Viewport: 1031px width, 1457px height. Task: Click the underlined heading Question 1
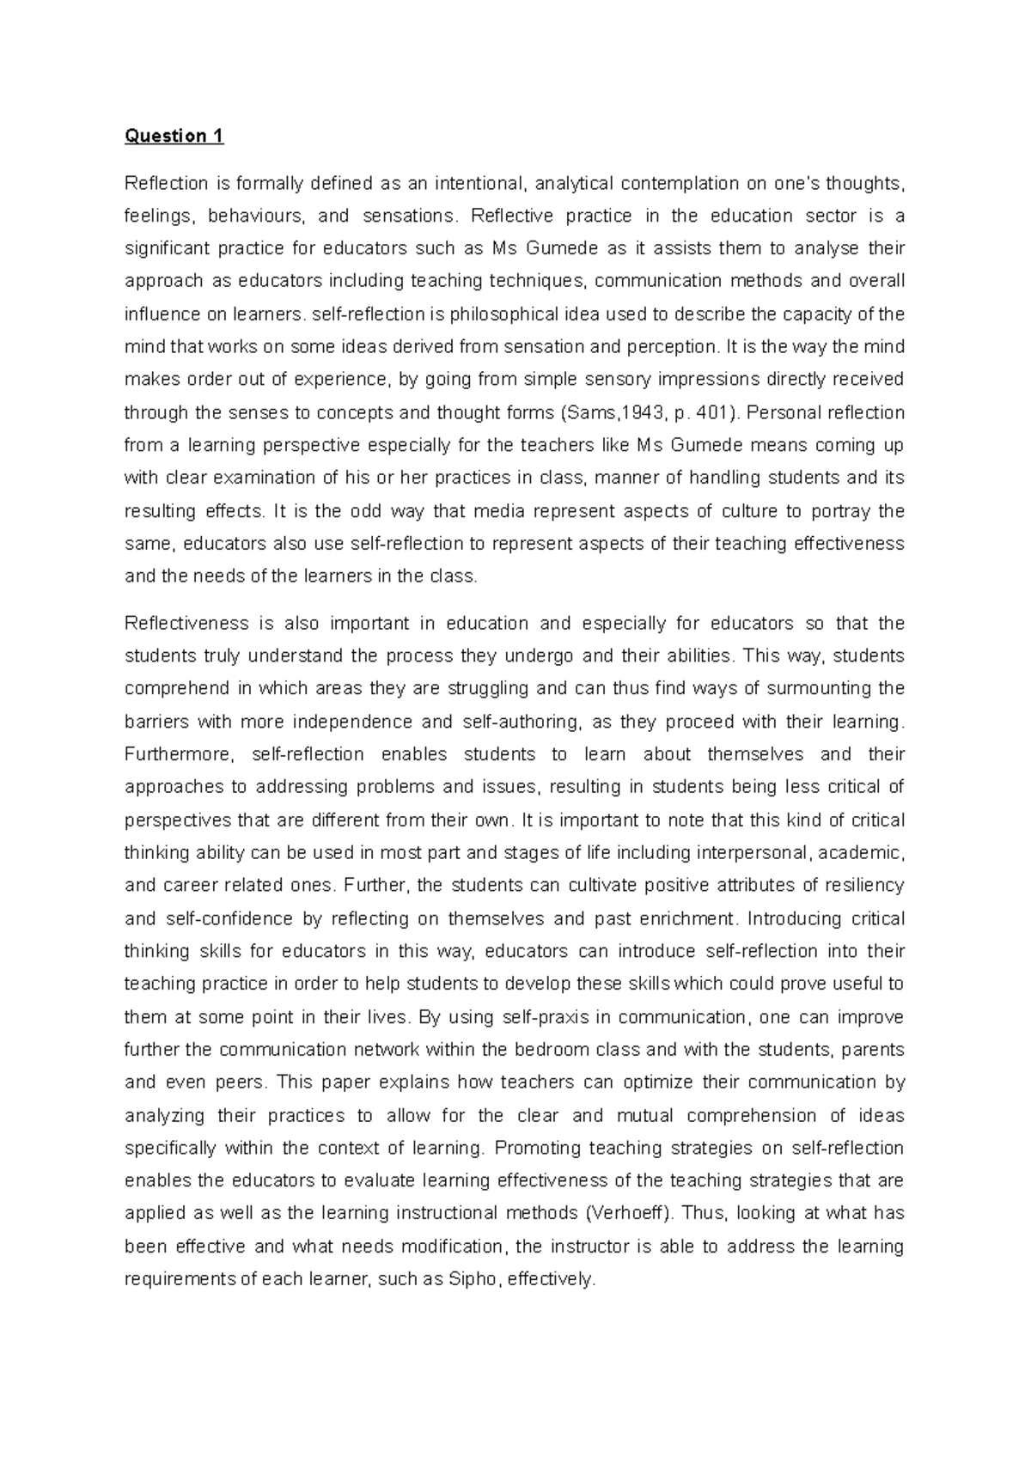click(x=174, y=136)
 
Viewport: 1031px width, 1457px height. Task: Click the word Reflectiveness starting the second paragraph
click(x=187, y=623)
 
